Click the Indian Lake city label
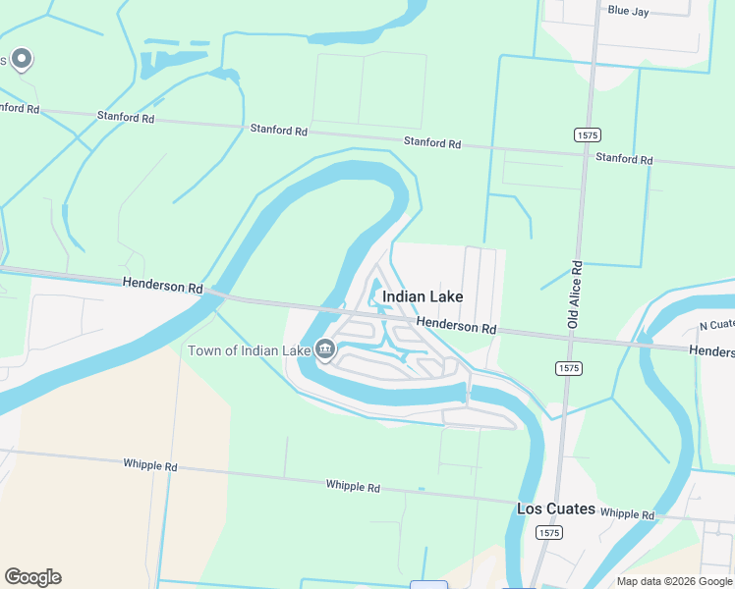[422, 296]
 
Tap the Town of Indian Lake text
[249, 350]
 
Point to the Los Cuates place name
[556, 509]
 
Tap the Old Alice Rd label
[576, 294]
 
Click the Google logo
[32, 577]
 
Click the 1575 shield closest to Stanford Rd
[588, 134]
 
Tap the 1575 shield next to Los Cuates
[549, 532]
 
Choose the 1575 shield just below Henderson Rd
[567, 368]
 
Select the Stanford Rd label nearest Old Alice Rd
[623, 158]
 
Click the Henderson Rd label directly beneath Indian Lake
[455, 326]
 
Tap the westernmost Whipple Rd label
[150, 464]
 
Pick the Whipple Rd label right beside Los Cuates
[626, 513]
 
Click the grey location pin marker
[22, 60]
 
